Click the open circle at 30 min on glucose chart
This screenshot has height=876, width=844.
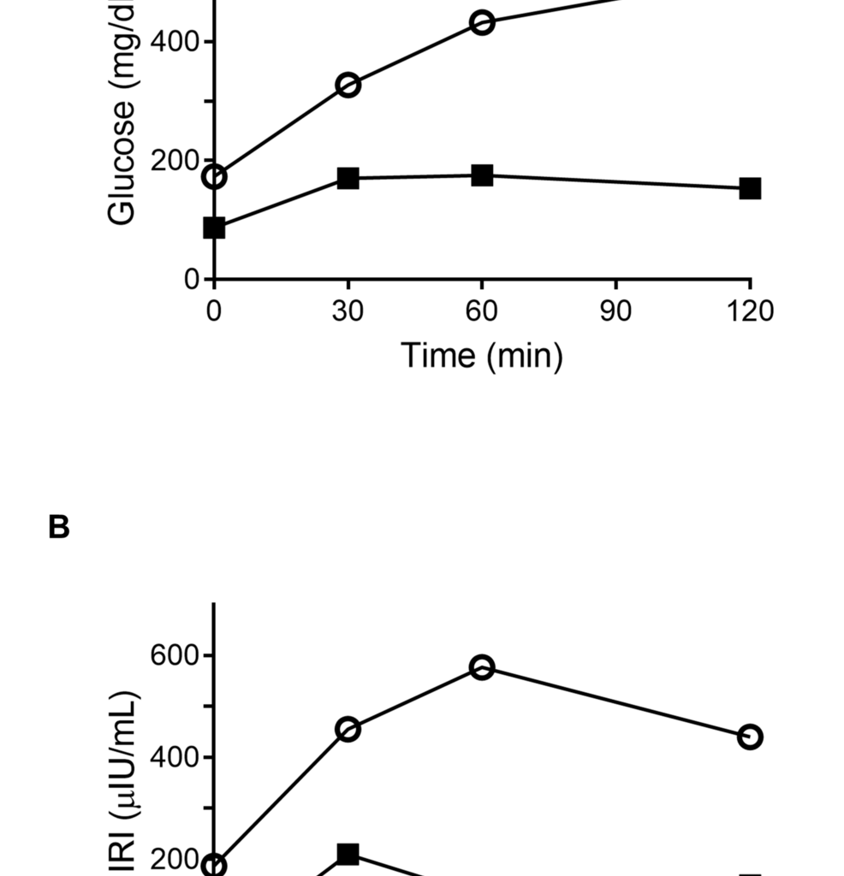point(348,85)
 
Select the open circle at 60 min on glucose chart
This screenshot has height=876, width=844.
point(482,23)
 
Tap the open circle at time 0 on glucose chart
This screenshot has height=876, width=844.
point(214,177)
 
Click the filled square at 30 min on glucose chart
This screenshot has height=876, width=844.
point(348,178)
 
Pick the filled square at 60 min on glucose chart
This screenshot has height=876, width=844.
point(482,175)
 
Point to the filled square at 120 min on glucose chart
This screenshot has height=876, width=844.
point(750,188)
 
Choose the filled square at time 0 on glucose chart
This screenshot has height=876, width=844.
point(214,228)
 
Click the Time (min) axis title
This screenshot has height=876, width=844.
point(482,354)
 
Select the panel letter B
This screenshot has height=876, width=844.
point(58,528)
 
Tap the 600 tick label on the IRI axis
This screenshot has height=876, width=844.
point(175,655)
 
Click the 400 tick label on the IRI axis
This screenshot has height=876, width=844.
point(175,757)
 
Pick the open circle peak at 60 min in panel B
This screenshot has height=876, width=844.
point(482,667)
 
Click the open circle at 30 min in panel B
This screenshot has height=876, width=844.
point(348,730)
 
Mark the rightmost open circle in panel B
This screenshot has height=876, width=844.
point(750,737)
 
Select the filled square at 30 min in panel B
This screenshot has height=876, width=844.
point(348,854)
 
